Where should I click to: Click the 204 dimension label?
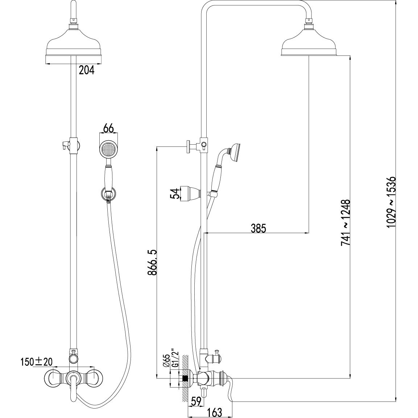(87, 70)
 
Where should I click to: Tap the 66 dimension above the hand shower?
(108, 128)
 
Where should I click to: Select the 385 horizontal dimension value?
(258, 228)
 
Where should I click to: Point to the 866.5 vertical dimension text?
(152, 262)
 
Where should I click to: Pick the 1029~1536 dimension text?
(391, 202)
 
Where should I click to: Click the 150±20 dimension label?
(37, 362)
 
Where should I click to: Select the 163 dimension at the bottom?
(214, 412)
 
